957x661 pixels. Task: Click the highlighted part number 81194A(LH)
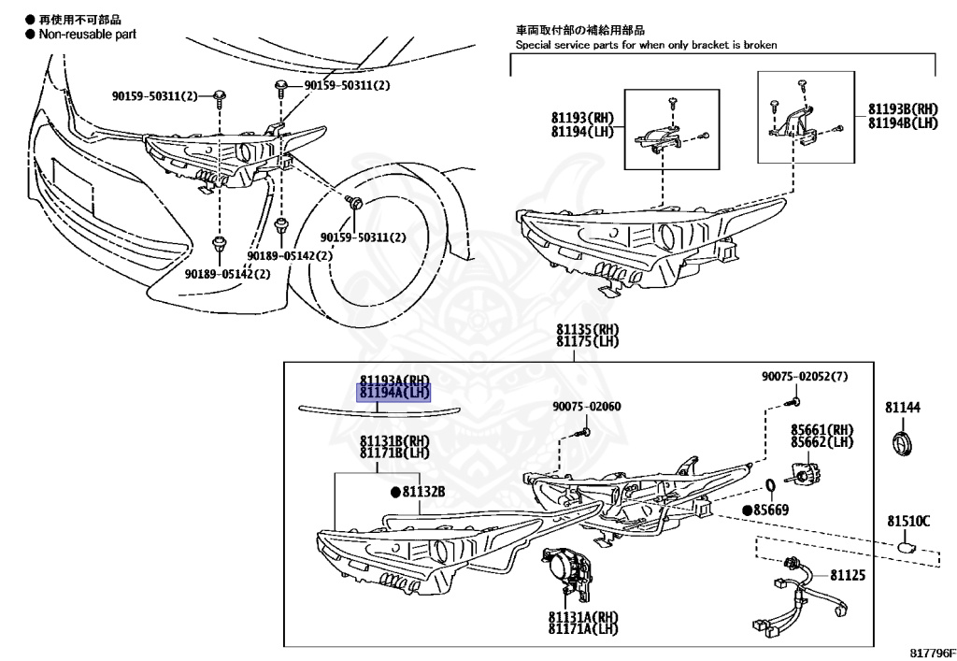pos(393,393)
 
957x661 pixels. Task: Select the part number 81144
pos(904,408)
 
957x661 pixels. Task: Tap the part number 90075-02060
pos(586,406)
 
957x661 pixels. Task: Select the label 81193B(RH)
pos(902,108)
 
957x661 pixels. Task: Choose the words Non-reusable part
pos(86,34)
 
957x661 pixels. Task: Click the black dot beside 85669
pos(748,510)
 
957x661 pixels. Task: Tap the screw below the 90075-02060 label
pos(582,432)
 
